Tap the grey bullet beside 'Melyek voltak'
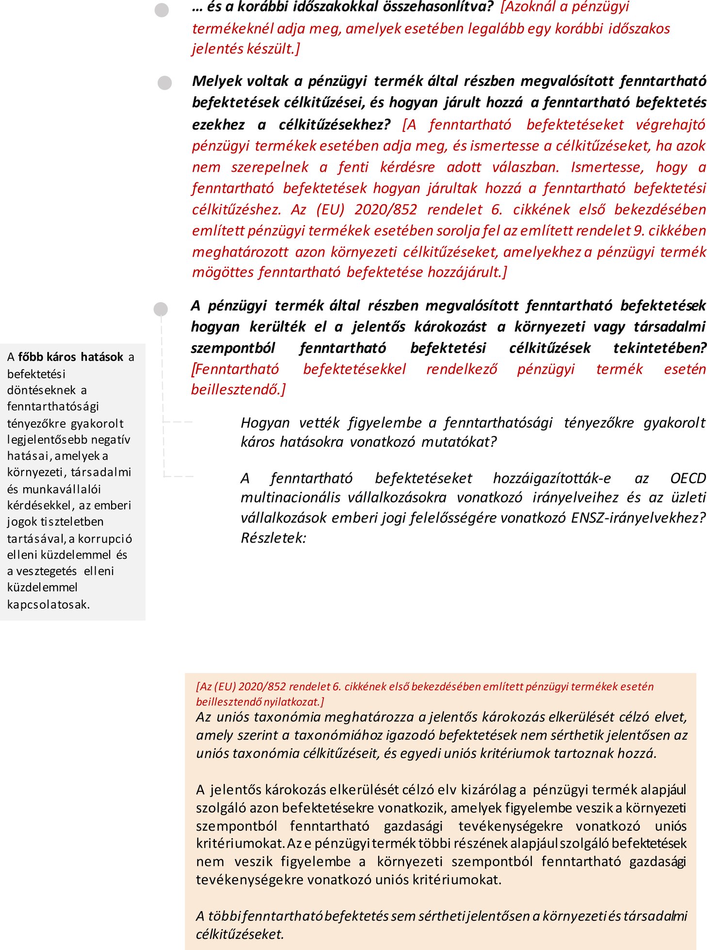click(165, 82)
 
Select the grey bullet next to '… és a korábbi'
click(162, 10)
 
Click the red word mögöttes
click(223, 273)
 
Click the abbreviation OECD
click(688, 479)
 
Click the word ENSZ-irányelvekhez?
click(638, 518)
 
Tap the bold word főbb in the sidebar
click(31, 357)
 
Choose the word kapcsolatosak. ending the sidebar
click(48, 604)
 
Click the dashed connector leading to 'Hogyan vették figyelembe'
click(178, 422)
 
